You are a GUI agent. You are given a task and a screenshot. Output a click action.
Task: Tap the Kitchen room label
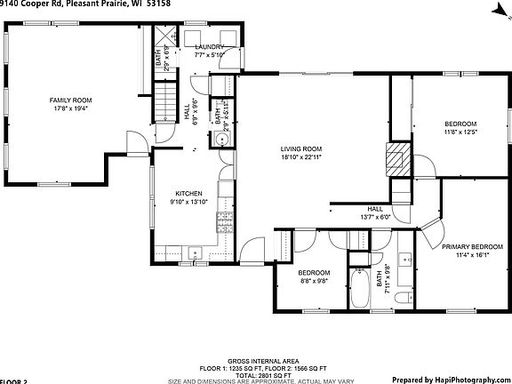coord(188,193)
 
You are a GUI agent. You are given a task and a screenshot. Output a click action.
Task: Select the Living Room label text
coord(301,148)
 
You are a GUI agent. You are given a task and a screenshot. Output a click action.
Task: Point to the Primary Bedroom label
coord(472,246)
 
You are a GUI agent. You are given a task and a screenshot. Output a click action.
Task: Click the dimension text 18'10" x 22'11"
coord(301,157)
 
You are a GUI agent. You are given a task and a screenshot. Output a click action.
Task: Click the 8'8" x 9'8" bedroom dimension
coord(314,280)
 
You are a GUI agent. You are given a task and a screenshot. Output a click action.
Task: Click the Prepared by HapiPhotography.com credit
coord(449,379)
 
